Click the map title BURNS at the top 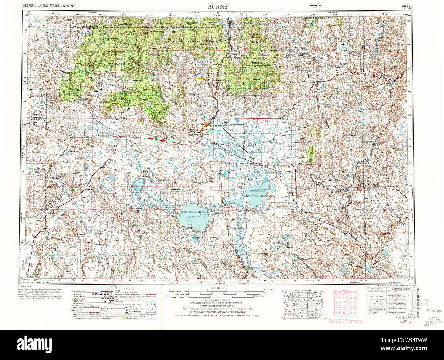218,6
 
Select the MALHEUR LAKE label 258,191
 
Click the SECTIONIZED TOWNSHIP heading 345,291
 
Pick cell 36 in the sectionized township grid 355,313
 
